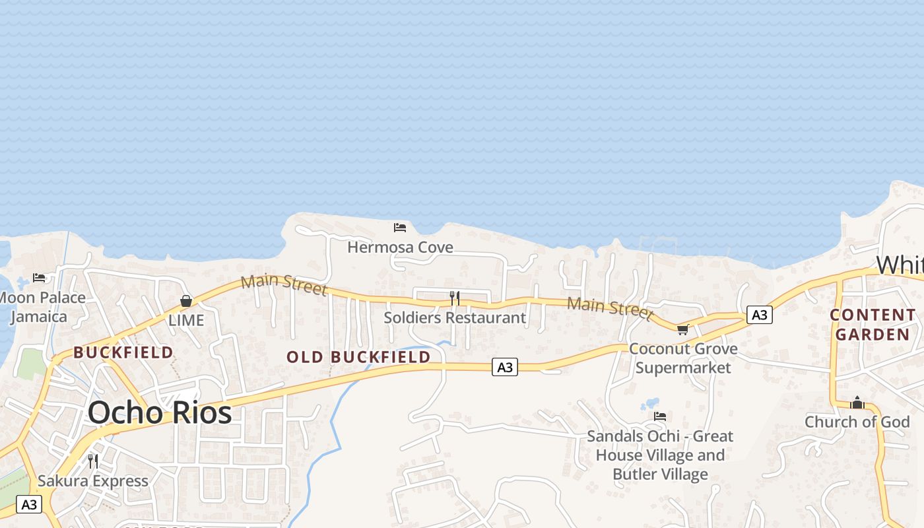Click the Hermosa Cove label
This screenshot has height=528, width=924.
point(400,247)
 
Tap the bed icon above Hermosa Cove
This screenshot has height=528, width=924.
point(400,228)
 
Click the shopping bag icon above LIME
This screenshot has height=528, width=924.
point(186,301)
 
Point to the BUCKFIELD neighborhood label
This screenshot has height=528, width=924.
point(123,352)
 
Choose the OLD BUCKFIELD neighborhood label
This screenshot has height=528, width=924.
point(358,357)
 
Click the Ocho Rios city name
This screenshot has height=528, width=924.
point(160,412)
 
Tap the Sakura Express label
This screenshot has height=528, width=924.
point(93,480)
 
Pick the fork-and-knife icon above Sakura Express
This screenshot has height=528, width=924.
point(93,461)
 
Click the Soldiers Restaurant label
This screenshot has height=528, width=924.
point(455,317)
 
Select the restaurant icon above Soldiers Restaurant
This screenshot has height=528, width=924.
point(455,298)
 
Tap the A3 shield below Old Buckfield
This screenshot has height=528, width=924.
point(505,367)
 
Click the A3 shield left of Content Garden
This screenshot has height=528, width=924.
point(760,315)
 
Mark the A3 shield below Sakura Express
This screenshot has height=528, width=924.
point(28,505)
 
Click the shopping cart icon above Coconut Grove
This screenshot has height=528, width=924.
point(682,329)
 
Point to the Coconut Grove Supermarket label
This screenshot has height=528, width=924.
point(683,358)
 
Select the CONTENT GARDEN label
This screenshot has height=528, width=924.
point(872,325)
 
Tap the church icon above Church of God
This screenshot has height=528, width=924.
point(857,403)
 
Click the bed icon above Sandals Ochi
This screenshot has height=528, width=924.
point(660,416)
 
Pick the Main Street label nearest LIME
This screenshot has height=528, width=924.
point(284,284)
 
